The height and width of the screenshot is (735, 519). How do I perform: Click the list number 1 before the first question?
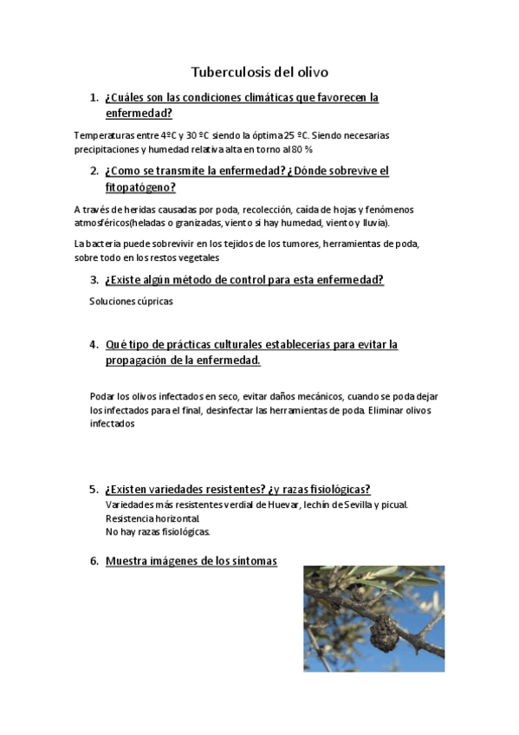tap(94, 98)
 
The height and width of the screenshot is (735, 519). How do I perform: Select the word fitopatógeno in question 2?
tap(140, 187)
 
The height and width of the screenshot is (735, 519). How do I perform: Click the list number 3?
tap(94, 280)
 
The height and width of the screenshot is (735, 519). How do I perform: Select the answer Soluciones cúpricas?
tap(131, 302)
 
